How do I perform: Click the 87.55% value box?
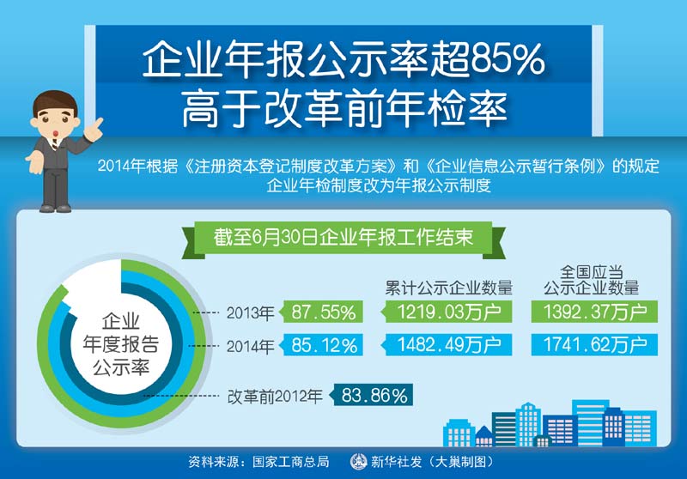coord(323,312)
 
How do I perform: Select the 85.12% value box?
coord(323,344)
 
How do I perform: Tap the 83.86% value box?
coord(373,395)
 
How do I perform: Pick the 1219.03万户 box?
coord(447,312)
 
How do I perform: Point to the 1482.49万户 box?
coord(447,344)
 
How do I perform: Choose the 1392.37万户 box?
coord(594,312)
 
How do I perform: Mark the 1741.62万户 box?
coord(594,344)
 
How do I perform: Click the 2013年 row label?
coord(250,312)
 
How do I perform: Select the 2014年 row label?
coord(250,346)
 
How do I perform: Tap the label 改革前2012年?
coord(275,397)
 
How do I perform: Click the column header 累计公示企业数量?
coord(448,288)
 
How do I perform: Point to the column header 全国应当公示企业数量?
coord(592,280)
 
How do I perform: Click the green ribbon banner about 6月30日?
coord(343,239)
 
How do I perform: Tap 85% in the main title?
coord(508,59)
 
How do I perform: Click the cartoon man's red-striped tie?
coord(54,144)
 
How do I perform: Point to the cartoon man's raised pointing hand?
coord(94,130)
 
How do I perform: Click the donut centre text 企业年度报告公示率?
coord(120,344)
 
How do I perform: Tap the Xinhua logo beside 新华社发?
coord(358,462)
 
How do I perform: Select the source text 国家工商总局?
coord(290,462)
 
